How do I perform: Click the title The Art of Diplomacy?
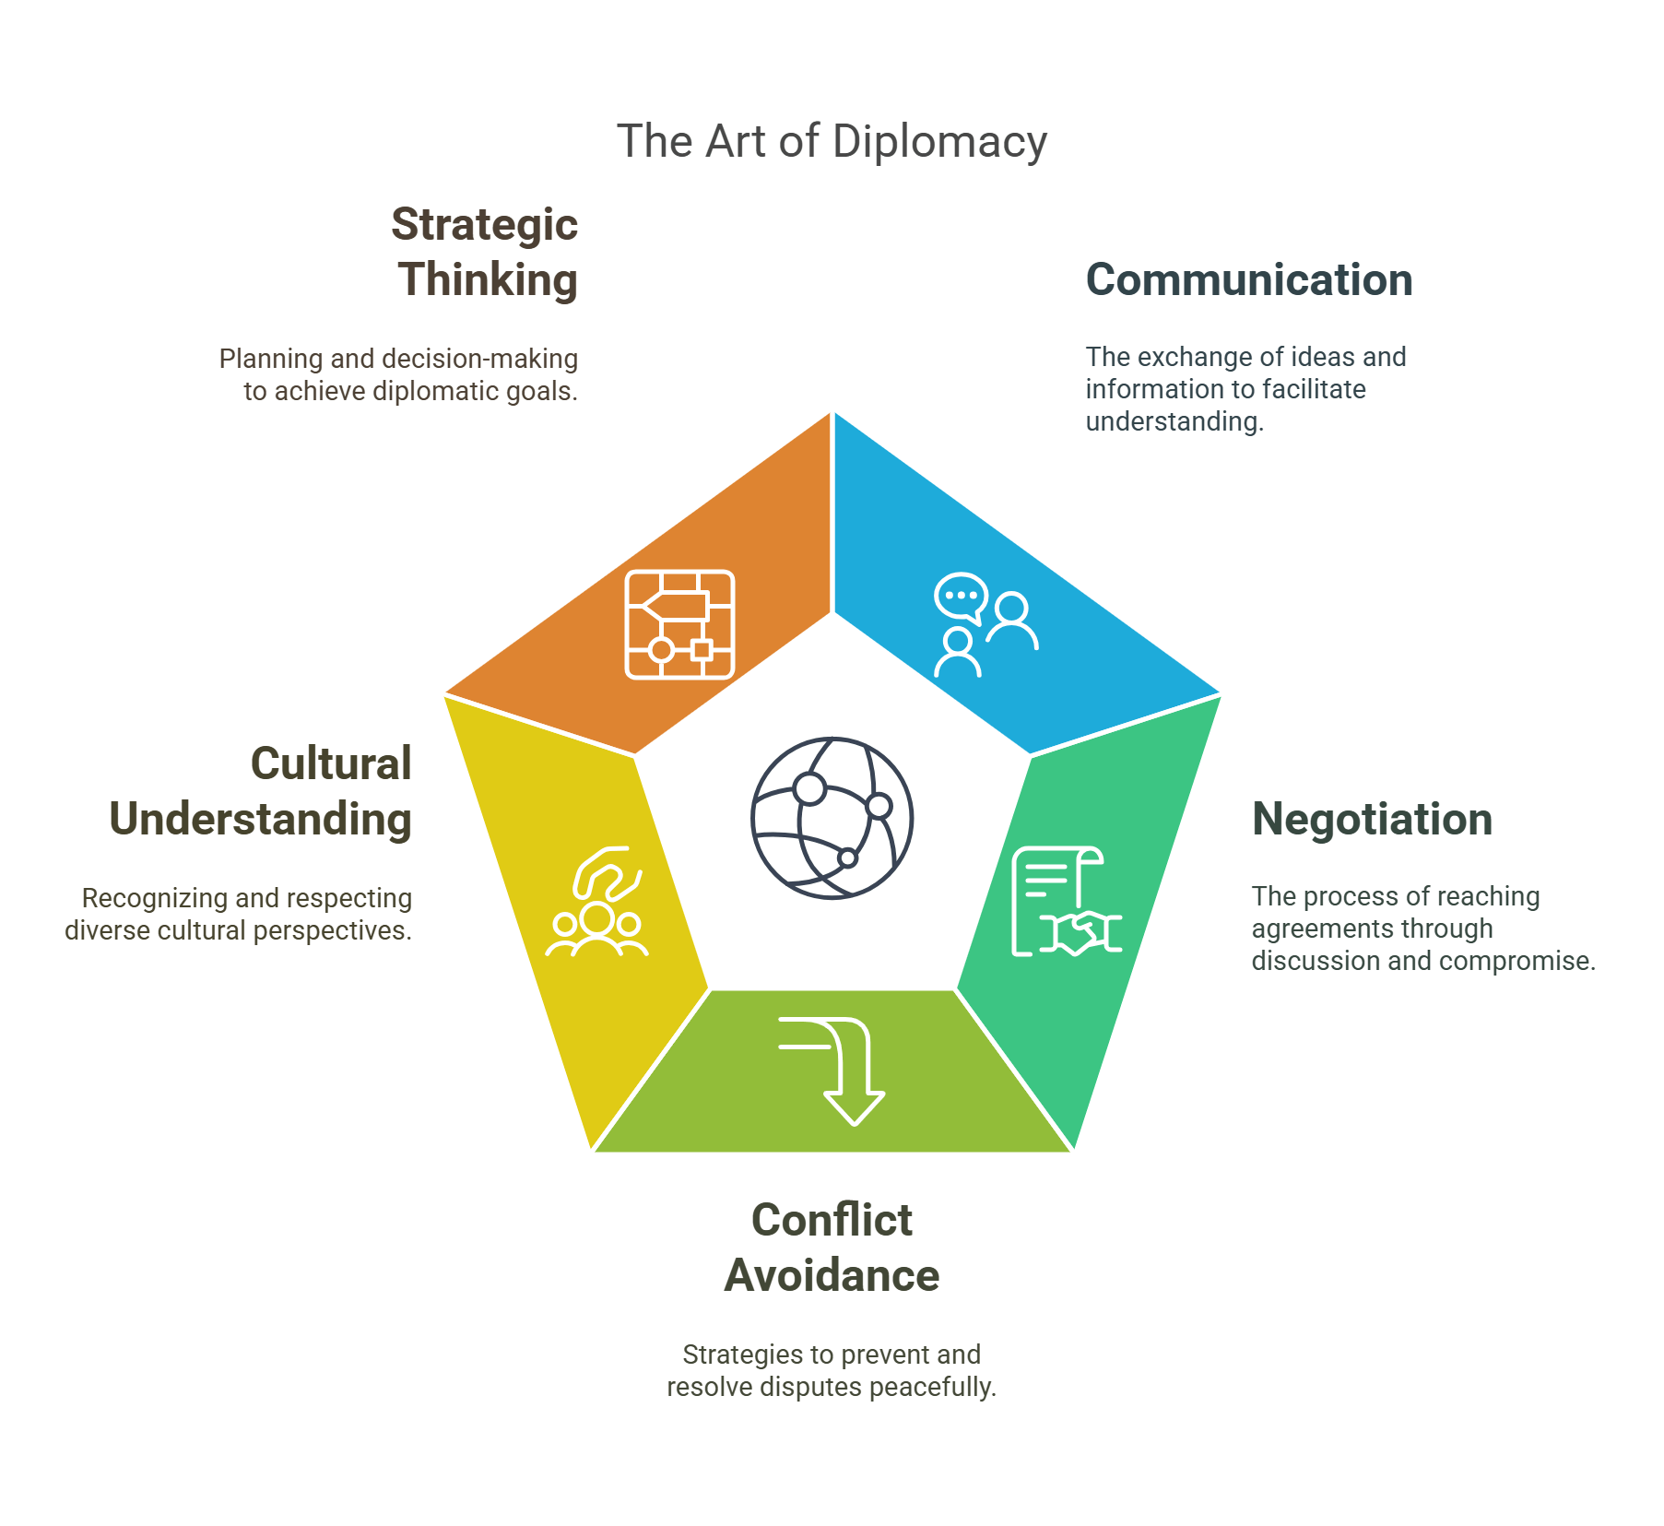point(832,142)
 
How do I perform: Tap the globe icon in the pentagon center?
point(832,818)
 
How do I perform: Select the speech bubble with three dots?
point(961,597)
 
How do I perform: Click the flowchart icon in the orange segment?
point(679,625)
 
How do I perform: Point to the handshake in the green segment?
point(1081,932)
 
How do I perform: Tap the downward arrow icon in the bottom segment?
point(844,1070)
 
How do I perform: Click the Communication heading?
point(1248,280)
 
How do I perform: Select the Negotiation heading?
point(1372,820)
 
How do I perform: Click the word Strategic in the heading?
point(484,225)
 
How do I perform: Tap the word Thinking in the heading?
point(488,280)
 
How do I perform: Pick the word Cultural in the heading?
point(331,764)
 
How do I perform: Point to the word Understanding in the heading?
point(260,820)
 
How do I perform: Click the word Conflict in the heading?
point(832,1221)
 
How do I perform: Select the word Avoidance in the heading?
point(832,1276)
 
